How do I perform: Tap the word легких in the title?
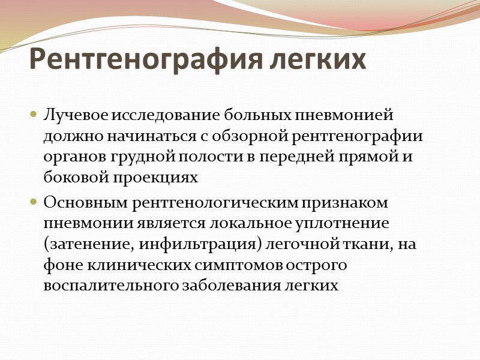[317, 60]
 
